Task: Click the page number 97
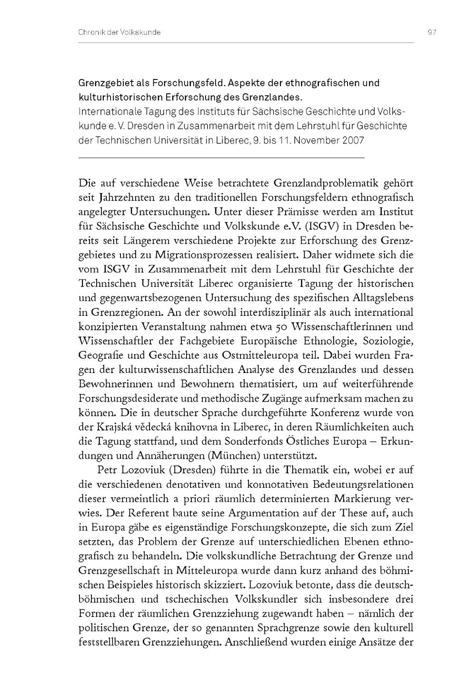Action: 432,32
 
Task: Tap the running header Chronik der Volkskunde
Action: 119,32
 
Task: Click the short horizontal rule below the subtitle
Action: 221,157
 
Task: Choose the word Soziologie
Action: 388,341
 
